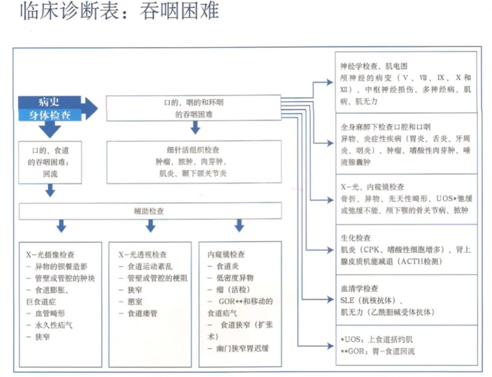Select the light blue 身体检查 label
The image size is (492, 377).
tap(50, 115)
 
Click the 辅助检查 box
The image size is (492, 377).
tap(150, 211)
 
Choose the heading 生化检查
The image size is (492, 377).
tap(356, 238)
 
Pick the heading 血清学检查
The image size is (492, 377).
tap(359, 289)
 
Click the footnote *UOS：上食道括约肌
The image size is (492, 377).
tap(377, 340)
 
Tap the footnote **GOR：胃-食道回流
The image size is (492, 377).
tap(378, 351)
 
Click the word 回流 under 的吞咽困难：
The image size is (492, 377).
tap(50, 173)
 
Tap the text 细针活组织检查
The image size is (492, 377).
tap(194, 150)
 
